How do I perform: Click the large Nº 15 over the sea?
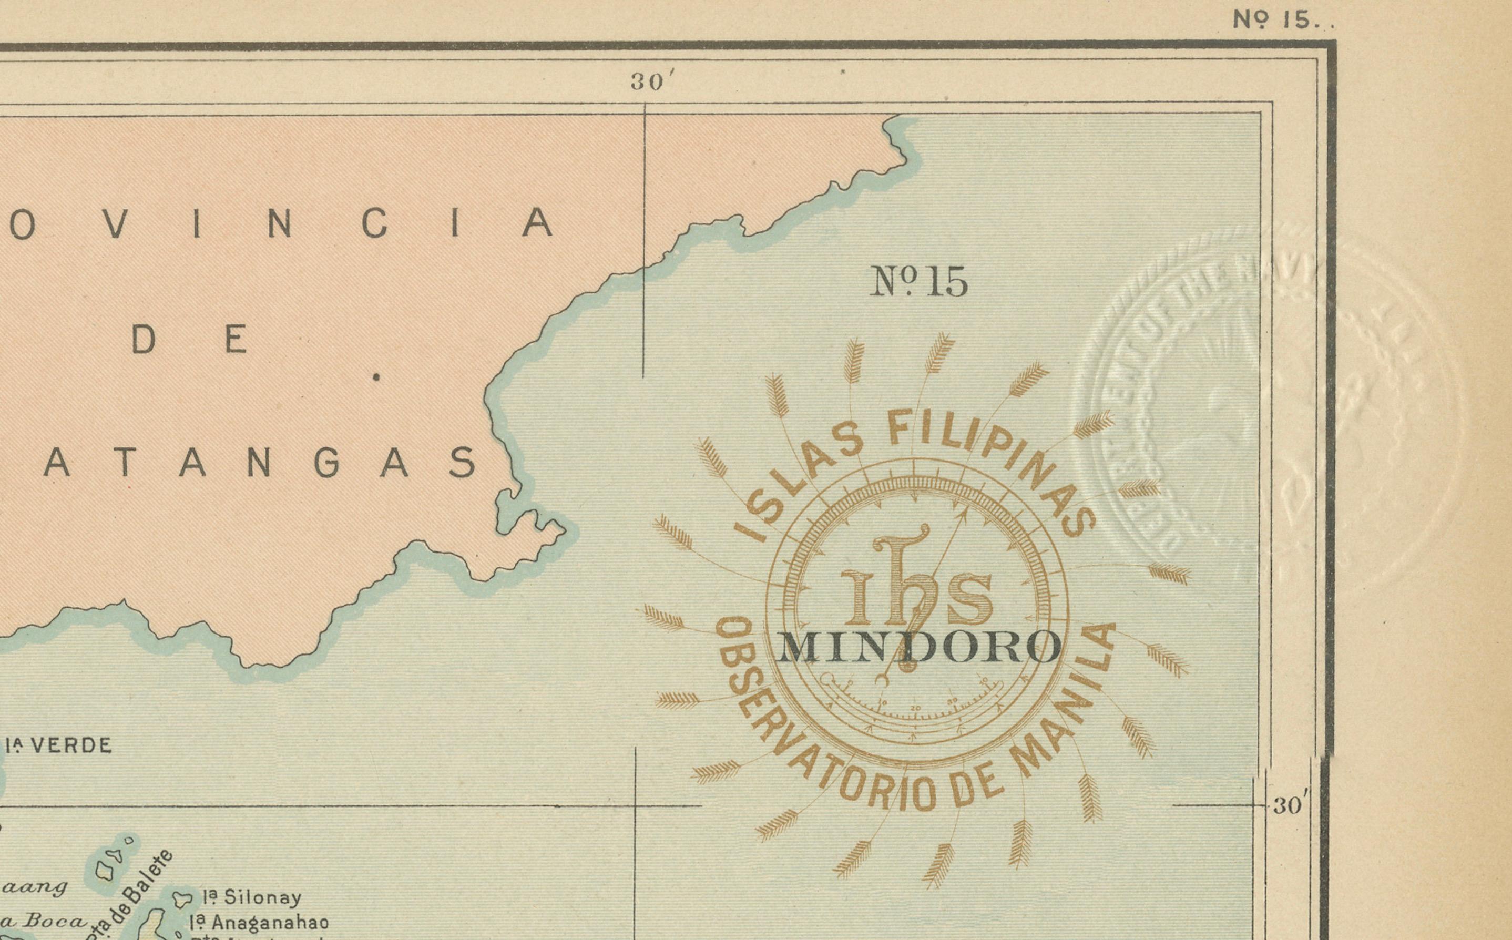[918, 282]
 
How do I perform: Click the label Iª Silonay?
[252, 897]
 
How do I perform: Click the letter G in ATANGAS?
[327, 463]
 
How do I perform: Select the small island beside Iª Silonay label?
[182, 899]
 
